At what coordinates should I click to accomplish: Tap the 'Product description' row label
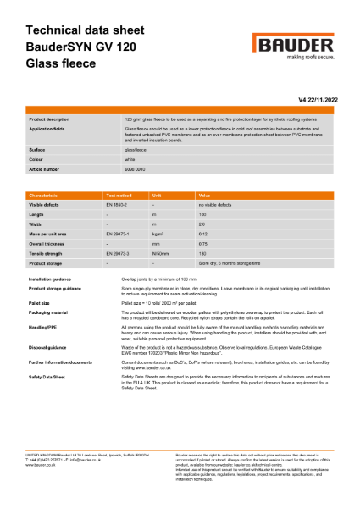click(49, 120)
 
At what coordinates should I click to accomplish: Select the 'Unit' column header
click(157, 195)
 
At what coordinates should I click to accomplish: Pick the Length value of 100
click(202, 215)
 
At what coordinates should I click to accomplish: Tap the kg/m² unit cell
click(158, 234)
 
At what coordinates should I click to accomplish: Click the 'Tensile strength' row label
click(47, 252)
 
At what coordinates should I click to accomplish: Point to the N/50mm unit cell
click(159, 252)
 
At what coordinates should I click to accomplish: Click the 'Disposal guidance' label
click(47, 346)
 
